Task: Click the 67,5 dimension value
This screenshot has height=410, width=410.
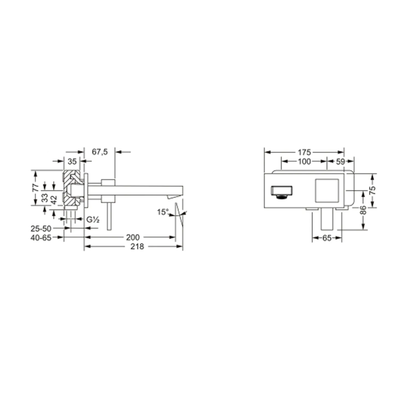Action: pos(100,152)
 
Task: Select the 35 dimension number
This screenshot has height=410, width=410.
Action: pos(72,162)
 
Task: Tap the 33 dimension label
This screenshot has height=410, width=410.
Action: pos(45,198)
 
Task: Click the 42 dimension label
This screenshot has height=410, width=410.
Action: pos(54,200)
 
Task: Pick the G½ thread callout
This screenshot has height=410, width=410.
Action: pos(93,219)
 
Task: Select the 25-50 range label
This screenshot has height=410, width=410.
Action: pos(41,229)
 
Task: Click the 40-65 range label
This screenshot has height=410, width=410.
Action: pos(41,238)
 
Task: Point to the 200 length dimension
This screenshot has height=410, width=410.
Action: pos(133,237)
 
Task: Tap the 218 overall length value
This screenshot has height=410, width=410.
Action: pos(137,247)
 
